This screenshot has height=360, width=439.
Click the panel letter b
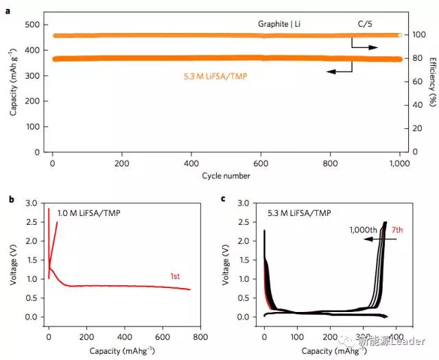(x=8, y=200)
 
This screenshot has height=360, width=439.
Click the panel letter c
(x=224, y=200)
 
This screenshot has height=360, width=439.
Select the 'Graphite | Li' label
(x=279, y=24)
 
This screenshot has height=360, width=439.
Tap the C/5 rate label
(x=366, y=24)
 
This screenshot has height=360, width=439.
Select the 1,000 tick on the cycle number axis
(x=399, y=165)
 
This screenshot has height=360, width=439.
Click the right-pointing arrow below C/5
(x=365, y=47)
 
